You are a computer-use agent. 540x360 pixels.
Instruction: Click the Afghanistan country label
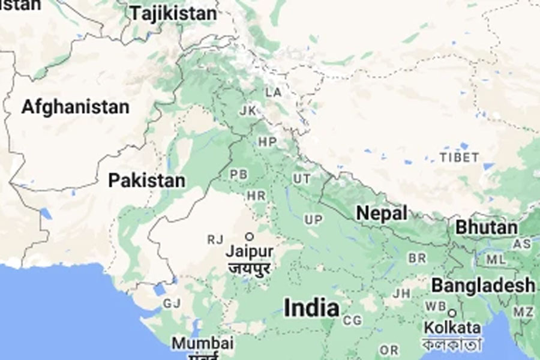(x=76, y=107)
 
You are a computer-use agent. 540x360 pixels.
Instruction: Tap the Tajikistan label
(x=173, y=13)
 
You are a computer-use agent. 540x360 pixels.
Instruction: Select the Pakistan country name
(x=146, y=180)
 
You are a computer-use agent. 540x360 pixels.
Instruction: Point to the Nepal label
(x=382, y=213)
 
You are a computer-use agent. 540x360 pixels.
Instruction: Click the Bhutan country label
(x=486, y=227)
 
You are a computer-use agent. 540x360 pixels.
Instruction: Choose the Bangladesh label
(x=482, y=284)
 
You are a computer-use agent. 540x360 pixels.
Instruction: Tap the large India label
(x=311, y=308)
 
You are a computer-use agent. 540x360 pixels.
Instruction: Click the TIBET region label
(x=459, y=158)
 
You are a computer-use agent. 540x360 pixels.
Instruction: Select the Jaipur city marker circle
(x=248, y=236)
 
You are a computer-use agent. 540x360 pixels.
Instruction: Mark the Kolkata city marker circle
(x=452, y=313)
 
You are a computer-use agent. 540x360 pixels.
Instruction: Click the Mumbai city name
(x=202, y=343)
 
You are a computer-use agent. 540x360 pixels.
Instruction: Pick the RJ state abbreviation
(x=215, y=240)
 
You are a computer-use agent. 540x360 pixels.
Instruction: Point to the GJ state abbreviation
(x=171, y=304)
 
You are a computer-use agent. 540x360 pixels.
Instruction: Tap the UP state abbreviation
(x=313, y=220)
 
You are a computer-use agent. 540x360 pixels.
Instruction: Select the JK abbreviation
(x=247, y=111)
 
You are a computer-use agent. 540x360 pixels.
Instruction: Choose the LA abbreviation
(x=274, y=92)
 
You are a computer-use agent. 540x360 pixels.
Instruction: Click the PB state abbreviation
(x=238, y=175)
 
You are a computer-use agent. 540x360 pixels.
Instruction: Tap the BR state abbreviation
(x=417, y=258)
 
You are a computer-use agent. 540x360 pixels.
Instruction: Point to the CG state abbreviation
(x=352, y=321)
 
